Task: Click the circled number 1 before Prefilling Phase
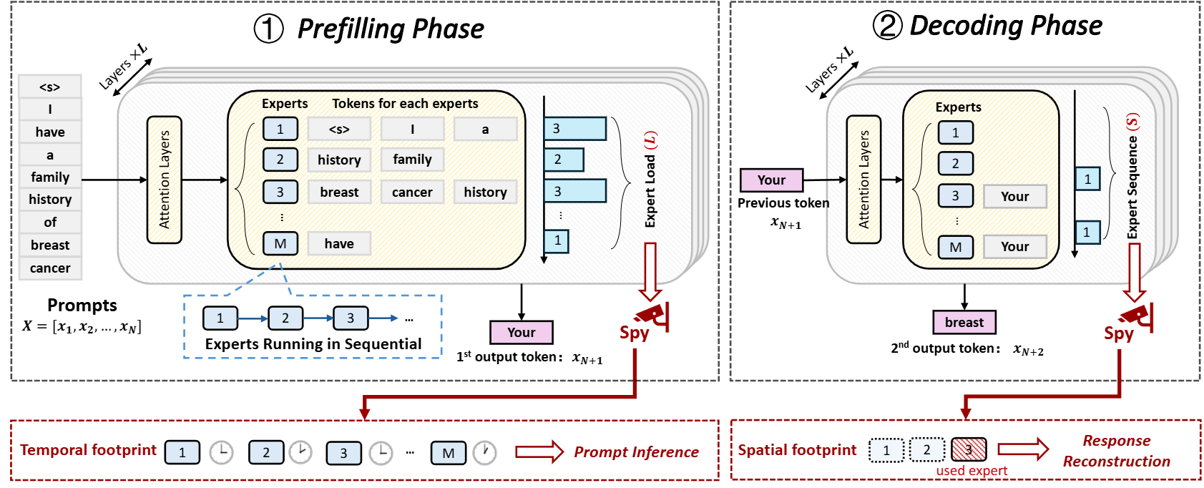(269, 29)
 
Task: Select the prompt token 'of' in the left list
(50, 223)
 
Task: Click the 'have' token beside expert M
(339, 244)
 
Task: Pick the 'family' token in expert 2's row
(412, 160)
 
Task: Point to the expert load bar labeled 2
(564, 160)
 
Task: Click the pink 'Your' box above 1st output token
(521, 333)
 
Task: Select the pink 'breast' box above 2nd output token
(964, 323)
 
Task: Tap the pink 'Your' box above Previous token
(771, 180)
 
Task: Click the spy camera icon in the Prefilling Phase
(652, 315)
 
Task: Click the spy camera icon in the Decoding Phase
(1136, 316)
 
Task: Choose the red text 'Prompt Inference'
(636, 452)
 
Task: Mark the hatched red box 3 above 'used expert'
(969, 450)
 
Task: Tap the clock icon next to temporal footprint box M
(485, 452)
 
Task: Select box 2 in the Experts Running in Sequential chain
(285, 318)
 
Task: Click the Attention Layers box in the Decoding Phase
(863, 180)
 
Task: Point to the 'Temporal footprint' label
(88, 450)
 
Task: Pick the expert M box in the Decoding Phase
(955, 247)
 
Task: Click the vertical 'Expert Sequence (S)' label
(1132, 177)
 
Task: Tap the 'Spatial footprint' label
(797, 450)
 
